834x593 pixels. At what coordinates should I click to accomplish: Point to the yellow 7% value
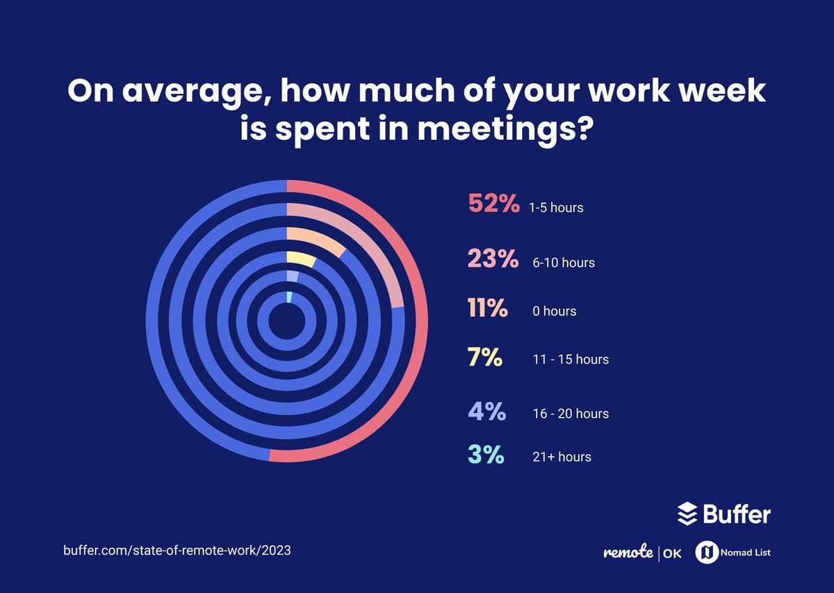pyautogui.click(x=484, y=357)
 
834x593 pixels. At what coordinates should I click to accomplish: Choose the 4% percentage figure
pyautogui.click(x=486, y=412)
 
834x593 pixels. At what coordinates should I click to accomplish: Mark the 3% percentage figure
pyautogui.click(x=485, y=455)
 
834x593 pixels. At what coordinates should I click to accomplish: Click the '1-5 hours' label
pyautogui.click(x=555, y=207)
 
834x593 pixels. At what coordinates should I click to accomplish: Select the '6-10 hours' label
pyautogui.click(x=563, y=263)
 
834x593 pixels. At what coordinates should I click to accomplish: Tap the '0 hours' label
pyautogui.click(x=554, y=311)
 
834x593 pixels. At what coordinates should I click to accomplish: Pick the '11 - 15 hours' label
pyautogui.click(x=570, y=359)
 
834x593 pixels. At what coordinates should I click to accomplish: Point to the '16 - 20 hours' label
pyautogui.click(x=570, y=414)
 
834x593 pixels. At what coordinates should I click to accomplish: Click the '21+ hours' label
pyautogui.click(x=562, y=457)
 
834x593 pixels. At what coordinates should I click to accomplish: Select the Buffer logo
pyautogui.click(x=723, y=514)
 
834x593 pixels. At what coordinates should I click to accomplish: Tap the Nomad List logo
pyautogui.click(x=733, y=553)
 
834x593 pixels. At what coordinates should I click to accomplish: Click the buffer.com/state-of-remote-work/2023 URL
pyautogui.click(x=177, y=550)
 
